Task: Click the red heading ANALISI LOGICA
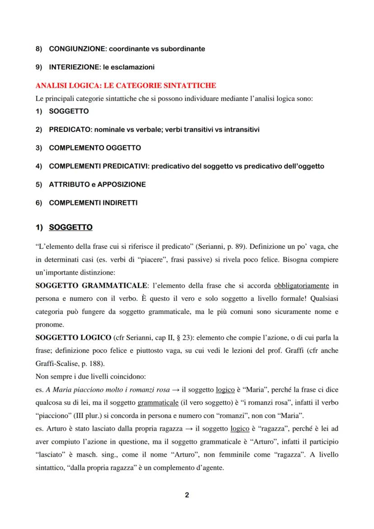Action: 125,85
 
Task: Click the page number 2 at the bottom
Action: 187,495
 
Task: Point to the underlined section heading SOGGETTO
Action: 70,227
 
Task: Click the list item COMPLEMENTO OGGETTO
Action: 95,148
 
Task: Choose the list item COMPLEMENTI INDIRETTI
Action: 93,203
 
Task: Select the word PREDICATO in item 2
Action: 68,130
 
